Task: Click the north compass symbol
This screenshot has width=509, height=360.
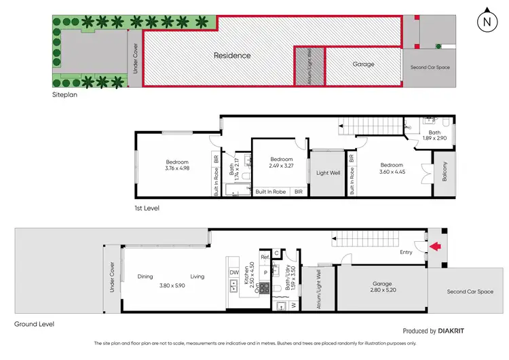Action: [486, 20]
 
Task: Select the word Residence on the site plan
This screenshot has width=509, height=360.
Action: [232, 56]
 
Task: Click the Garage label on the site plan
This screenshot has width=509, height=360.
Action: [363, 65]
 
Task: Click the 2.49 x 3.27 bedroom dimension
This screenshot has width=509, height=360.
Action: [280, 164]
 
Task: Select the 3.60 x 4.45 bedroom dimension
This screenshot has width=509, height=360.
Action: [392, 173]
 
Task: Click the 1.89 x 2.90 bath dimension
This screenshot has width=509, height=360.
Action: [434, 139]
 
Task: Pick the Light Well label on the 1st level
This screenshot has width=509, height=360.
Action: [328, 173]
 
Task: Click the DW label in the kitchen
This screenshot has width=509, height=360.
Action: [233, 272]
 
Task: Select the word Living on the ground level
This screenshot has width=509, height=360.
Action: [197, 276]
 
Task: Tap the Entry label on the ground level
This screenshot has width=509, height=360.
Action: [406, 252]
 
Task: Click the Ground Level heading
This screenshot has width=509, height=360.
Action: [34, 325]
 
